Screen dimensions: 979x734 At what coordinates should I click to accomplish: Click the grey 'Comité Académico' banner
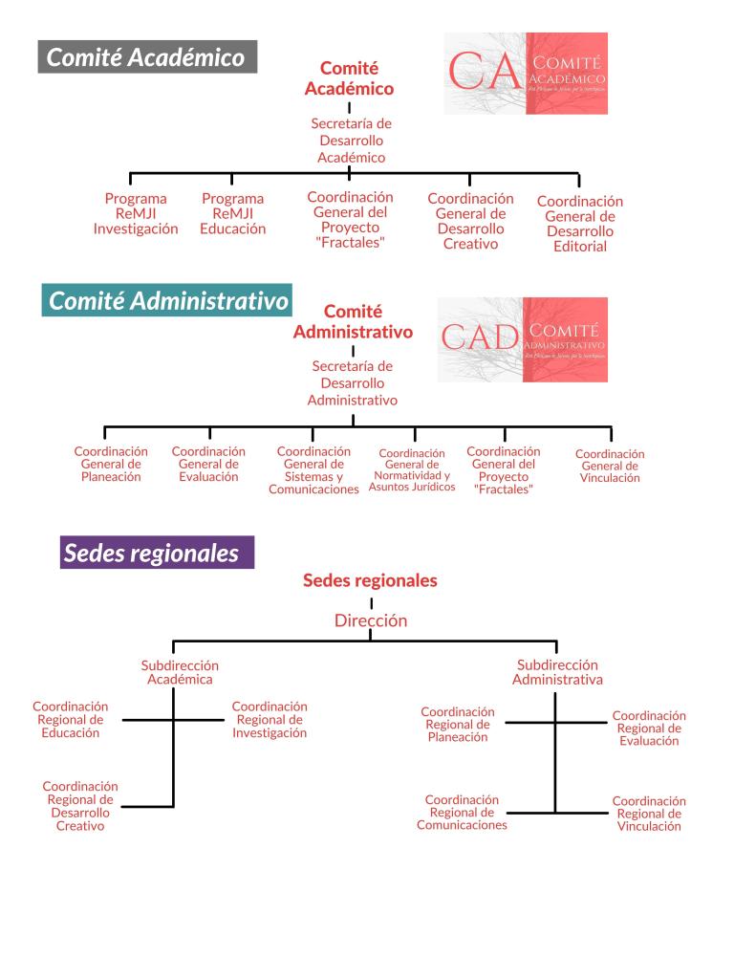(146, 57)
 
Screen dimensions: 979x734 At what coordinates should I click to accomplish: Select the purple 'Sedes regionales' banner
(157, 553)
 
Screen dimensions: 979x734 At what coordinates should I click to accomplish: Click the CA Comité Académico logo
(525, 74)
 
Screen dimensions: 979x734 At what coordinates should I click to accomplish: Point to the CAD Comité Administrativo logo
(522, 339)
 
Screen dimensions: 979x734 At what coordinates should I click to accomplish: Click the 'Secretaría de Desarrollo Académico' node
(351, 141)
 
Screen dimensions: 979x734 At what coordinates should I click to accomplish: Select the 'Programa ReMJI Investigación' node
(136, 214)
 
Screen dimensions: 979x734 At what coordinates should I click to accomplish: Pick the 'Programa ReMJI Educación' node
(232, 214)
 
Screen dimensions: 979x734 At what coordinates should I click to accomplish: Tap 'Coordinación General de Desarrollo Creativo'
(470, 221)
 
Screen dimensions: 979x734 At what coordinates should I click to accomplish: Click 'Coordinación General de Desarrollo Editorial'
(579, 224)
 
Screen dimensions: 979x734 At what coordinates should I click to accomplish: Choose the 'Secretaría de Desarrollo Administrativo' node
(352, 382)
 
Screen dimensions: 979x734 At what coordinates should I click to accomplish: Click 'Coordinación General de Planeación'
(111, 464)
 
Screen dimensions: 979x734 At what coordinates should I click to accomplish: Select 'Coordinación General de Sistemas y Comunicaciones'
(313, 470)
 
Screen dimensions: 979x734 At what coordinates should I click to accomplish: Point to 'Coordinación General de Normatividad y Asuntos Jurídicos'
(413, 469)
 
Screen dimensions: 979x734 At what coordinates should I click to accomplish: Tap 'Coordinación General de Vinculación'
(610, 466)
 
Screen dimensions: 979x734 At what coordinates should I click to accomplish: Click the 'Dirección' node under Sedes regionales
(371, 620)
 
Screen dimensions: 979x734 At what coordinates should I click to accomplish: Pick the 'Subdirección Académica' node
(180, 672)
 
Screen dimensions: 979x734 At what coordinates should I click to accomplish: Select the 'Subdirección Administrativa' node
(557, 672)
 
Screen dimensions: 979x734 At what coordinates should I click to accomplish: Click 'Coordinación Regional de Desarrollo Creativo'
(80, 806)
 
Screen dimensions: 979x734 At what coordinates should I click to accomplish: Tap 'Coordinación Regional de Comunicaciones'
(462, 812)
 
